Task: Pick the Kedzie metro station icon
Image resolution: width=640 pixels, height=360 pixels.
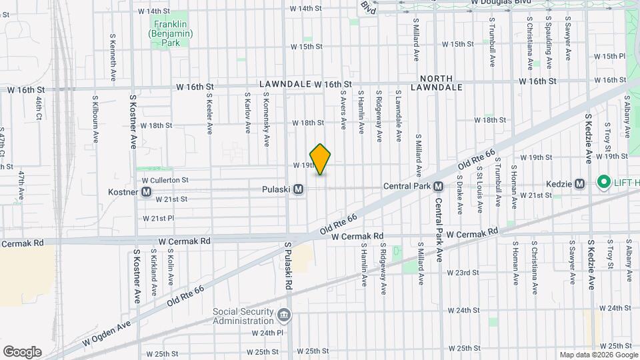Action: pos(579,184)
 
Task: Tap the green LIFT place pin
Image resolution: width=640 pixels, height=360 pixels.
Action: pos(604,181)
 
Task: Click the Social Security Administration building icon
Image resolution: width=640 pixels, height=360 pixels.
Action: pos(283,314)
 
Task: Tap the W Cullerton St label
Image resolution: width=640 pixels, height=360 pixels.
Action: pos(165,180)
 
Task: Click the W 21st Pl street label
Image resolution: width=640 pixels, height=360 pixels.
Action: pos(159,218)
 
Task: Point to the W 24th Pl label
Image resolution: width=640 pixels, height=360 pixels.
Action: pos(268,333)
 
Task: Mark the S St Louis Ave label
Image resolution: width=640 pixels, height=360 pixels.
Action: pos(479,189)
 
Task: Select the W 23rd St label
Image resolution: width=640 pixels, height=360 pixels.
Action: pos(463,273)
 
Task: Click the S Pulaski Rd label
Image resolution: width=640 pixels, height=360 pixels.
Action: pos(289,265)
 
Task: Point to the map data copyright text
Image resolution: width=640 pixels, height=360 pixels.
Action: pos(598,355)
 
